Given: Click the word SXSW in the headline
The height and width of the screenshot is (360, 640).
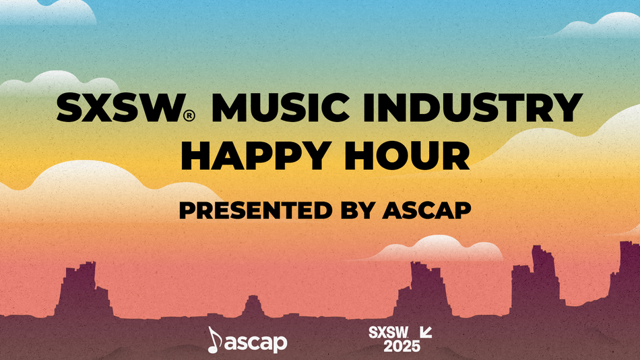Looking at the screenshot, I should pos(119,109).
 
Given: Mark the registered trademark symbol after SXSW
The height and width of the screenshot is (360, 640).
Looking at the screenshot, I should pos(190,116).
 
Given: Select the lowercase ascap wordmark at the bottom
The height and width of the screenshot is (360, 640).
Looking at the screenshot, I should pos(257,342).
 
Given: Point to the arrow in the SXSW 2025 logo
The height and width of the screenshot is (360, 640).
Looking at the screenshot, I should pos(426,332).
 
